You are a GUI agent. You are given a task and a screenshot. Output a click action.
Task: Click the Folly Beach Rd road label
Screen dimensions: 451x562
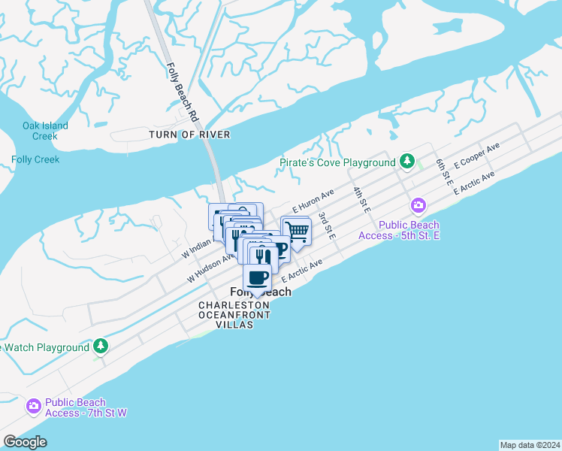click(181, 92)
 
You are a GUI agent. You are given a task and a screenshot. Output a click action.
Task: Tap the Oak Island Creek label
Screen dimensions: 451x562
click(45, 131)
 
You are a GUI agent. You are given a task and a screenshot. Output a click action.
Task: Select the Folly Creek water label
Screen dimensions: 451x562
click(35, 159)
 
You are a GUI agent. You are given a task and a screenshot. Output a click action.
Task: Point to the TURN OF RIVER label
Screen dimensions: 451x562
click(189, 135)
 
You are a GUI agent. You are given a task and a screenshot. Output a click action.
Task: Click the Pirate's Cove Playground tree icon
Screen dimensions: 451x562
click(407, 162)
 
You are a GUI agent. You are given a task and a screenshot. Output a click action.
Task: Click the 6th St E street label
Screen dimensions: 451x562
click(444, 172)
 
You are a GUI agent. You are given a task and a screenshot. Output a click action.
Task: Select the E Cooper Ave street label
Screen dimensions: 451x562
click(477, 157)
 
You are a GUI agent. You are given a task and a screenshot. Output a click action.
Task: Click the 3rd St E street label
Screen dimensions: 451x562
click(326, 225)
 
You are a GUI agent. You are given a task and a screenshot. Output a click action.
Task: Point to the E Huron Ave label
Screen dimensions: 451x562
click(313, 201)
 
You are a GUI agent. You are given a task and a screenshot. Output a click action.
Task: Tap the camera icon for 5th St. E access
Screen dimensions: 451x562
click(418, 205)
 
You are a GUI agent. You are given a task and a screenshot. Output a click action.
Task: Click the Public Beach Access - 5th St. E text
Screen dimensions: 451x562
click(409, 230)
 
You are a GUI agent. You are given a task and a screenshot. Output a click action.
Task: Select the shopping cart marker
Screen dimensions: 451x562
click(297, 231)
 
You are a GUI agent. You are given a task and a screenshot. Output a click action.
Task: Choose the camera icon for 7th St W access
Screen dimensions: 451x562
click(33, 407)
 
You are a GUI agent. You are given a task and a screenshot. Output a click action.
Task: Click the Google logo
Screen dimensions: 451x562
click(25, 442)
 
